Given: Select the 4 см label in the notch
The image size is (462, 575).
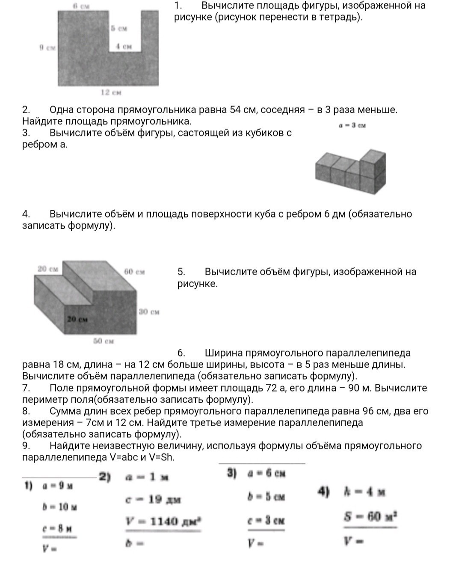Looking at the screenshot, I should [x=124, y=46].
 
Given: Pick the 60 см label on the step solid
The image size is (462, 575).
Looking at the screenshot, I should [x=134, y=271].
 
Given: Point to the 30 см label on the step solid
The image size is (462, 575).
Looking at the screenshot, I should [x=149, y=312].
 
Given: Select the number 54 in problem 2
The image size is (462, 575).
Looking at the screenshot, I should [x=235, y=110].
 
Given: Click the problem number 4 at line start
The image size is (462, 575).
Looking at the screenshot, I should [x=26, y=214].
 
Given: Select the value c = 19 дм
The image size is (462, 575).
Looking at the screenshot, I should [x=153, y=499].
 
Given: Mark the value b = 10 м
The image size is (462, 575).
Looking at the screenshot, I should [x=59, y=507].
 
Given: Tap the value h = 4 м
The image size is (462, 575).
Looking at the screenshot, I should [x=364, y=492].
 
